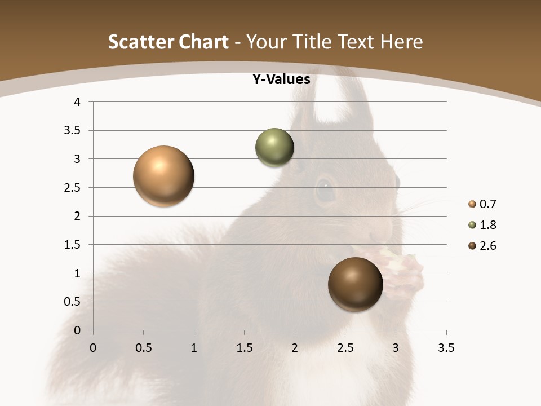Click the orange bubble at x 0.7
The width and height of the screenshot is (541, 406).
click(x=164, y=176)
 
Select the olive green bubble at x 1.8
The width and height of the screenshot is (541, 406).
click(x=274, y=147)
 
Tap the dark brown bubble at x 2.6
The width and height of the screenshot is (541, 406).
click(x=355, y=284)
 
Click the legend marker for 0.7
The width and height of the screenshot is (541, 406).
click(x=472, y=204)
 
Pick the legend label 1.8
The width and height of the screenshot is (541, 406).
click(x=487, y=225)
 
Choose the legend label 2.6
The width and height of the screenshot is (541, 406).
click(x=487, y=246)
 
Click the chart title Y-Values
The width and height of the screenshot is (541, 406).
click(x=281, y=80)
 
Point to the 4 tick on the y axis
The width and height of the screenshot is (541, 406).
click(x=77, y=102)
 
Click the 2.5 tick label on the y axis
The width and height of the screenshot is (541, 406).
click(x=73, y=188)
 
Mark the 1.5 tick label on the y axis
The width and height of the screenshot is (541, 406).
click(x=73, y=245)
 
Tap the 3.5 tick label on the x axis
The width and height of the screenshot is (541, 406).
click(x=446, y=348)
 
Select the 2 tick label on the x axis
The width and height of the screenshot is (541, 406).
click(x=295, y=348)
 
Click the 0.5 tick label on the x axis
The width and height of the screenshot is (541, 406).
click(x=144, y=348)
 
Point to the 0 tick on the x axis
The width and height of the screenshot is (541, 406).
click(x=93, y=348)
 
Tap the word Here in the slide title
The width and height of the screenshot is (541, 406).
click(x=401, y=42)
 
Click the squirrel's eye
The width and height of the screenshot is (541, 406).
click(x=325, y=189)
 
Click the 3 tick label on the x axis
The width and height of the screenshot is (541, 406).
click(x=396, y=348)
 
